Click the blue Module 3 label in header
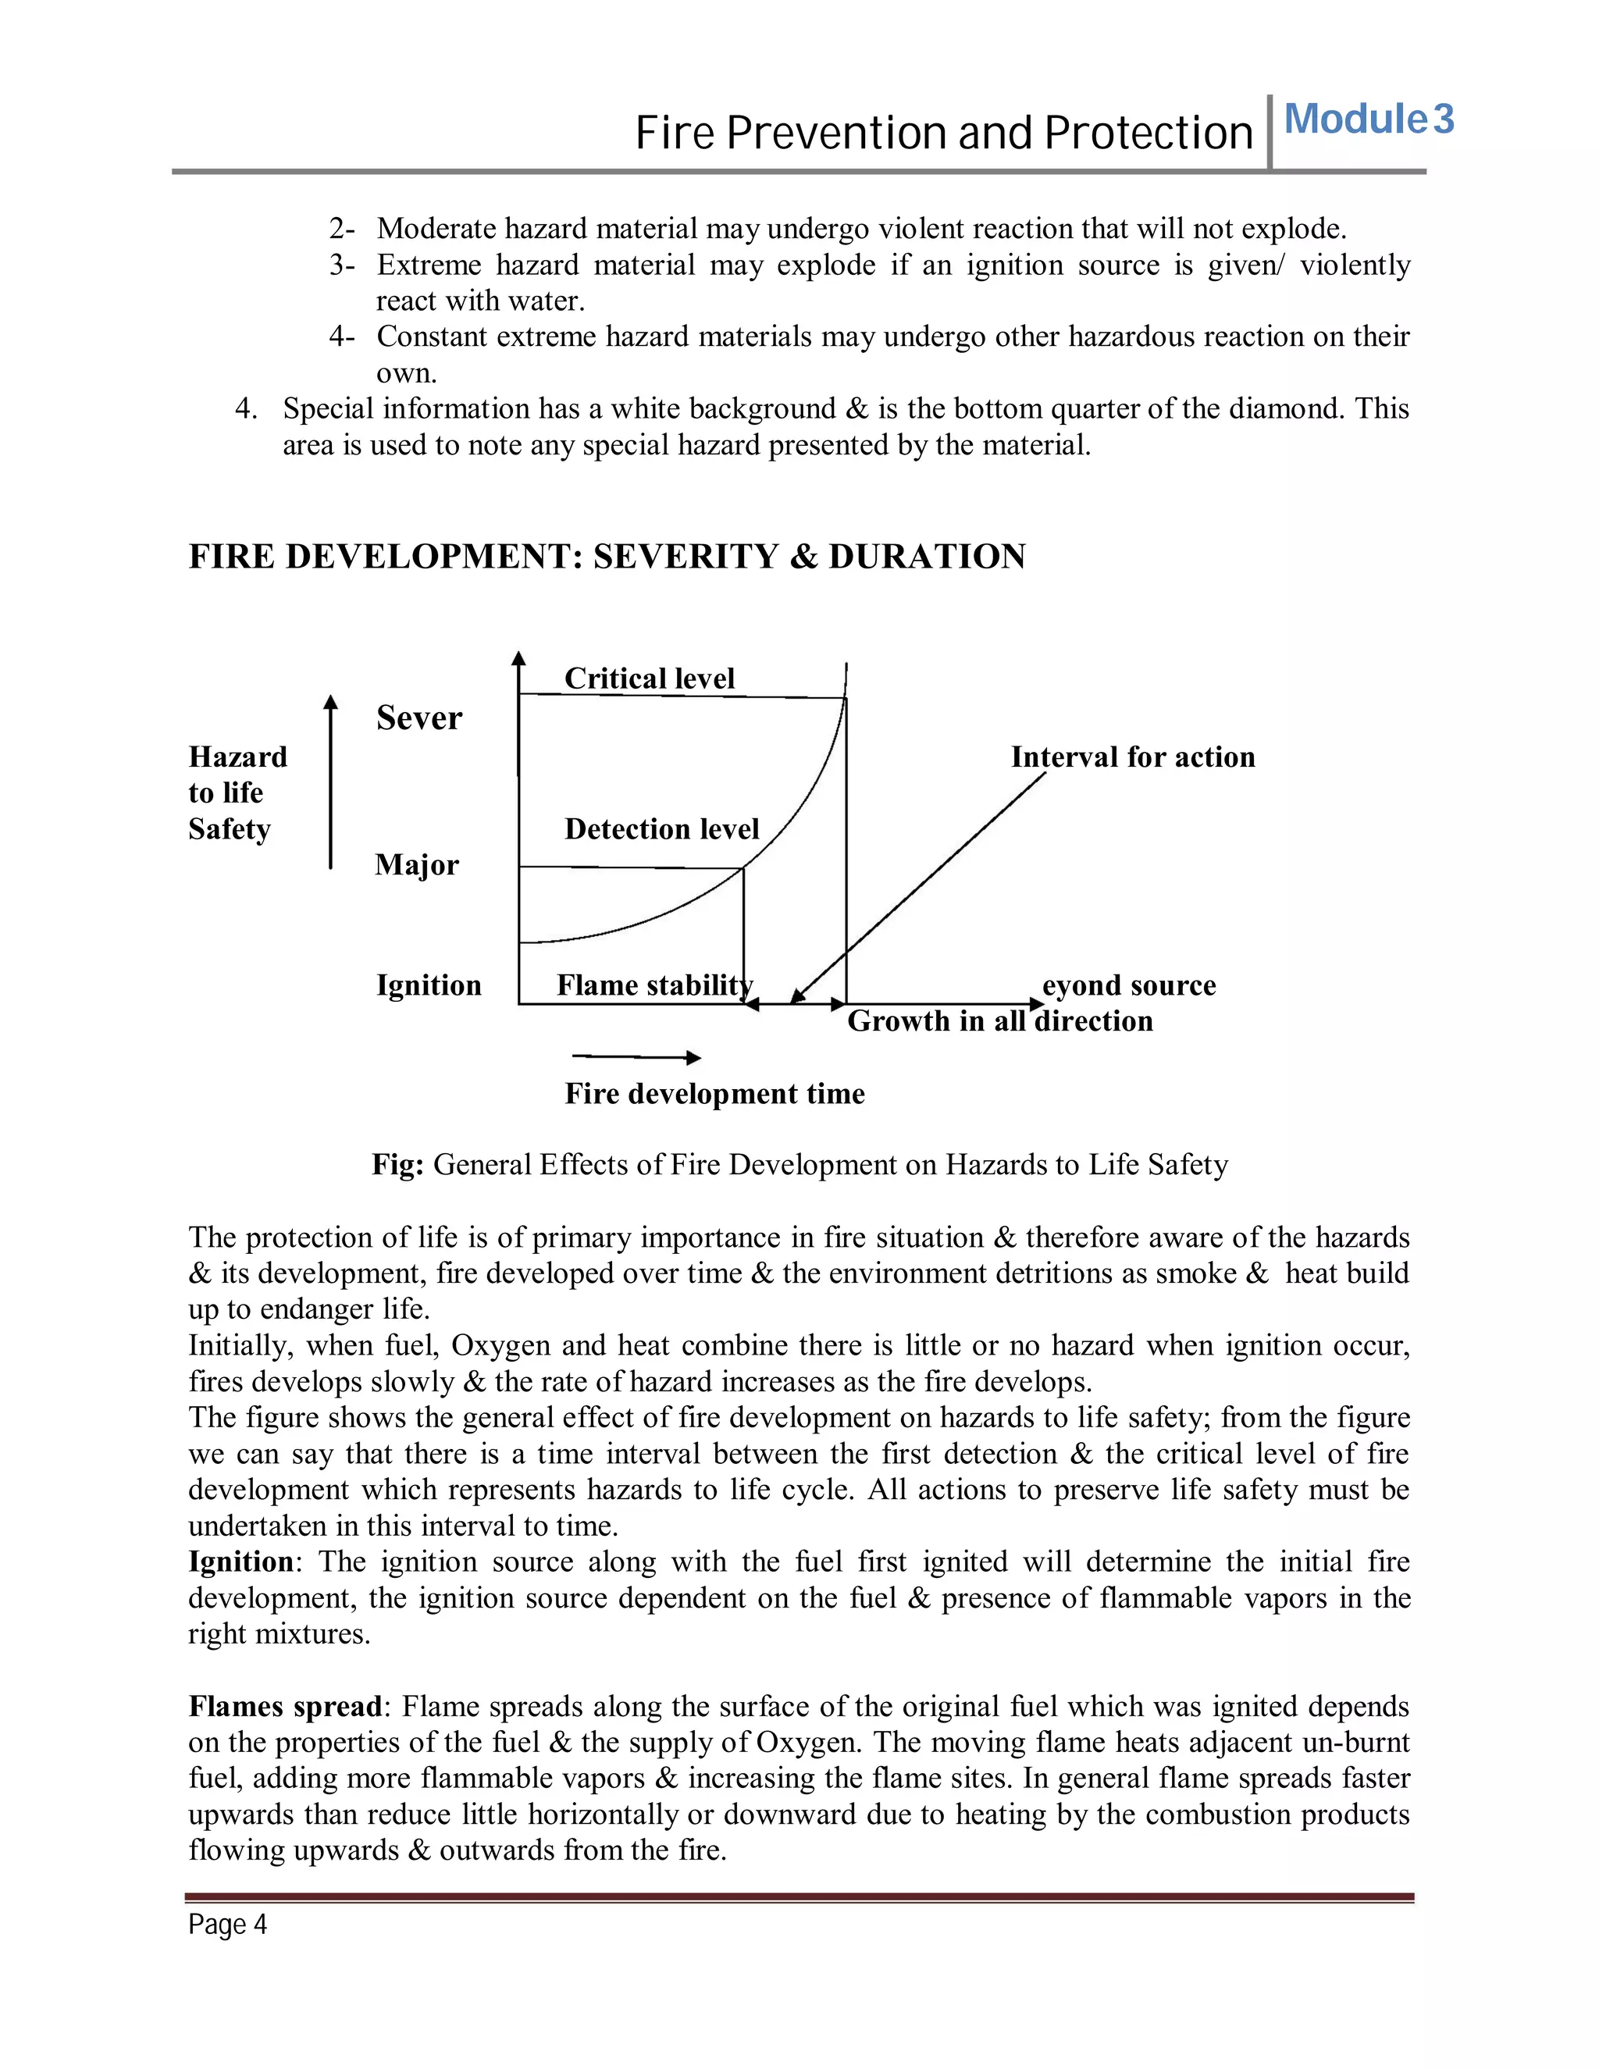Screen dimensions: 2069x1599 coord(1367,119)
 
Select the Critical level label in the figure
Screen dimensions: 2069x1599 coord(649,678)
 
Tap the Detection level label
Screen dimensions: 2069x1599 coord(661,829)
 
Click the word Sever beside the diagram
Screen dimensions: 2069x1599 coord(418,718)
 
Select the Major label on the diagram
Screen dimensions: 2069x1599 coord(417,865)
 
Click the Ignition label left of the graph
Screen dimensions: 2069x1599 coord(428,985)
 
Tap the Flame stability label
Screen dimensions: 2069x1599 coord(653,985)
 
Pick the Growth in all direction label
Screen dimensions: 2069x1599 coord(999,1021)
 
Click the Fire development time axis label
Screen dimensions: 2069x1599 coord(714,1094)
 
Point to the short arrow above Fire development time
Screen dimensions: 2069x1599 coord(636,1057)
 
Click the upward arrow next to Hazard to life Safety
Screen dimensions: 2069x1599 coord(329,781)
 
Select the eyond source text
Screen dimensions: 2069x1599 coord(1128,985)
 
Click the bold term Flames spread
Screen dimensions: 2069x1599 coord(284,1706)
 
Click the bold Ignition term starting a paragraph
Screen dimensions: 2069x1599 coord(240,1562)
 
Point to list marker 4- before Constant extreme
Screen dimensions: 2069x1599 coord(342,337)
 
